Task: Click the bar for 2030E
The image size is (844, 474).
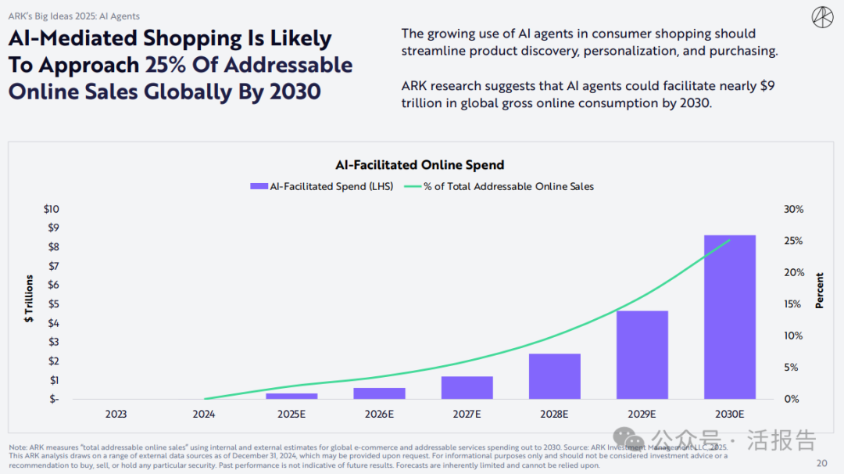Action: click(729, 317)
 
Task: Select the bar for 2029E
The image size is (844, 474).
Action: click(642, 355)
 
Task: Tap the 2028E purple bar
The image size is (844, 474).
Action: click(554, 376)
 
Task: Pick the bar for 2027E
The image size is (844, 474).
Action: click(467, 388)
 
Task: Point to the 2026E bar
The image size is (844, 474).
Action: click(379, 393)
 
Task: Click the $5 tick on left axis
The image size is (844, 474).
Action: click(53, 303)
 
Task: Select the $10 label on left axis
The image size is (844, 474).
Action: click(51, 209)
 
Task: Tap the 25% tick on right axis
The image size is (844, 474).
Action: click(792, 241)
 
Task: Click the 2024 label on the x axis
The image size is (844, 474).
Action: click(204, 414)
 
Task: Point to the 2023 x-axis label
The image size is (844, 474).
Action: click(116, 414)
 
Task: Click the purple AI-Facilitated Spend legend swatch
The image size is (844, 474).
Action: click(258, 186)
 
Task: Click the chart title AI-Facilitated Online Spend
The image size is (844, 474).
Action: click(420, 165)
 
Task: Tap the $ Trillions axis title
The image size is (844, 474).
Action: click(30, 299)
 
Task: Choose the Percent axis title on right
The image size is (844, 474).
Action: click(820, 290)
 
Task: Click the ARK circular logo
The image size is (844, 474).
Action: click(822, 16)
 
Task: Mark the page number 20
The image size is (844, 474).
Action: click(821, 462)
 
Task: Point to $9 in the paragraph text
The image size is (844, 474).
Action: click(767, 85)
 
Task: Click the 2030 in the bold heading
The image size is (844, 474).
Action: click(295, 92)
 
